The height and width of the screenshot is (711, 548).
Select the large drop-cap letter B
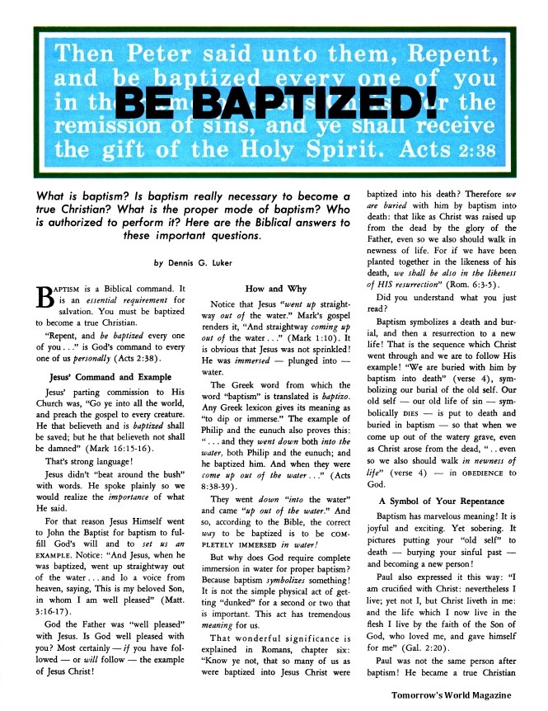(48, 301)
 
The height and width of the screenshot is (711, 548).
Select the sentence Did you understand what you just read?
(435, 304)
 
